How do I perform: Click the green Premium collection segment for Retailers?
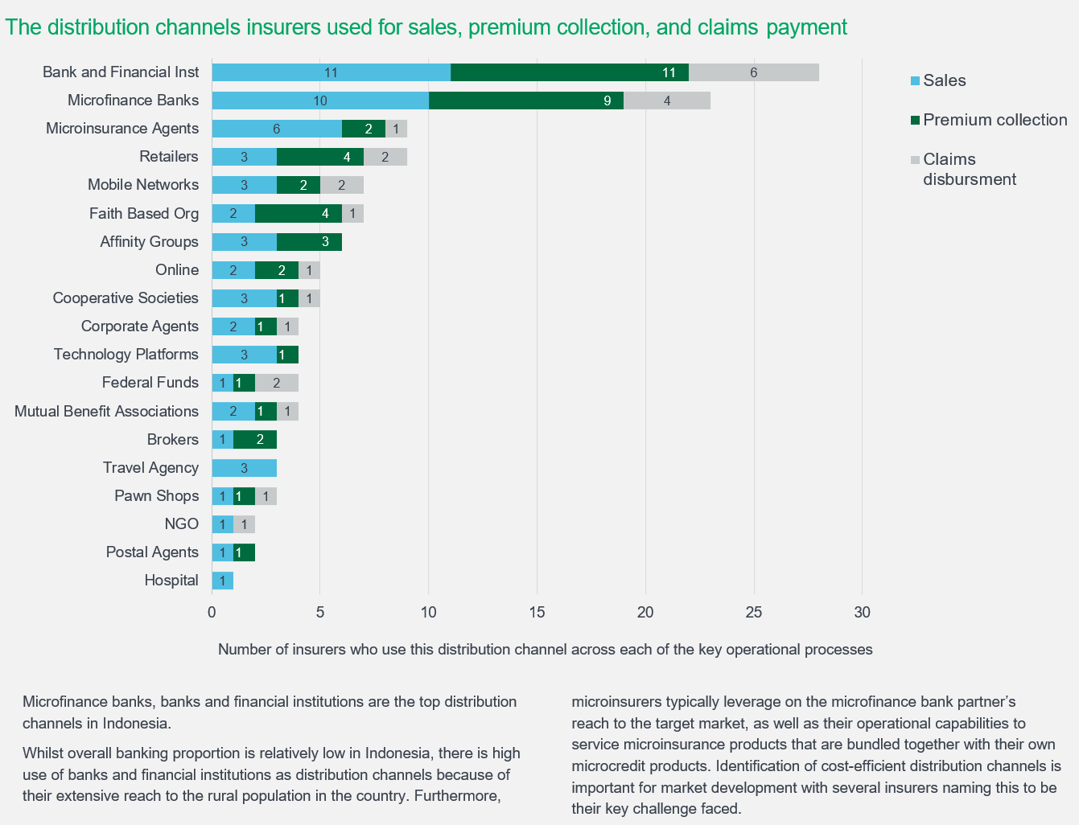319,157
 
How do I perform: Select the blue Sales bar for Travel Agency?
244,468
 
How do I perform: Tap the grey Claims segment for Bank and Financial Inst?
753,72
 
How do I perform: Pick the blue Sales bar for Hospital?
222,581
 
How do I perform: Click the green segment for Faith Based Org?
299,213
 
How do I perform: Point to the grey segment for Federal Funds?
276,383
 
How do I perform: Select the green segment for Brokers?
254,440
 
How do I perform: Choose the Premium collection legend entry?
995,120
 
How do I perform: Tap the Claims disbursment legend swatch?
914,160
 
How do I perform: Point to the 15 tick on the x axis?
537,613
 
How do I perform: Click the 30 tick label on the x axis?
862,613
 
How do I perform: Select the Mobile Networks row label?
143,185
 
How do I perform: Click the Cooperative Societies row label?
126,298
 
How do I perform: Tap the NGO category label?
181,524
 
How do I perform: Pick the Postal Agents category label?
152,552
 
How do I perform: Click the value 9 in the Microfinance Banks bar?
607,101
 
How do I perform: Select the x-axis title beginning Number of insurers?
545,650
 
